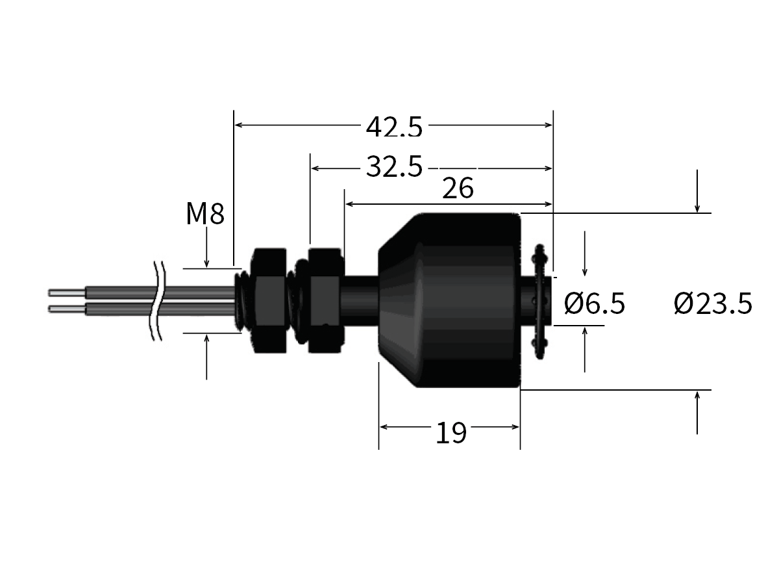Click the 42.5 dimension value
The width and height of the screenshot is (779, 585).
pos(393,127)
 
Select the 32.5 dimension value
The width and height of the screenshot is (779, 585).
pos(393,168)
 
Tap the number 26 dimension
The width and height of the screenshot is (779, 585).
pos(458,189)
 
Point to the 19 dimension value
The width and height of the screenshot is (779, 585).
pos(451,433)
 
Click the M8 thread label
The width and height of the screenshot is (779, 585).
pos(204,214)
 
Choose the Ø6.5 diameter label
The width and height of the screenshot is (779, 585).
pos(594,303)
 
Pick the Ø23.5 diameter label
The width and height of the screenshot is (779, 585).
pos(713,303)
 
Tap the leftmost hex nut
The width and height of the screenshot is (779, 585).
pos(269,300)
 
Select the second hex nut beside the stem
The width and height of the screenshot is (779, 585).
pos(325,300)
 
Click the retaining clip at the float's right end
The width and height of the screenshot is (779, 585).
pos(538,300)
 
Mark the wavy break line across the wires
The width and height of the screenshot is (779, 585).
pos(156,300)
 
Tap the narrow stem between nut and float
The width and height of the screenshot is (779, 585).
pos(360,300)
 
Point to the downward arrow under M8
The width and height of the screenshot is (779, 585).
pos(206,263)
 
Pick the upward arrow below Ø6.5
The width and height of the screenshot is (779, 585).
pos(585,331)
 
